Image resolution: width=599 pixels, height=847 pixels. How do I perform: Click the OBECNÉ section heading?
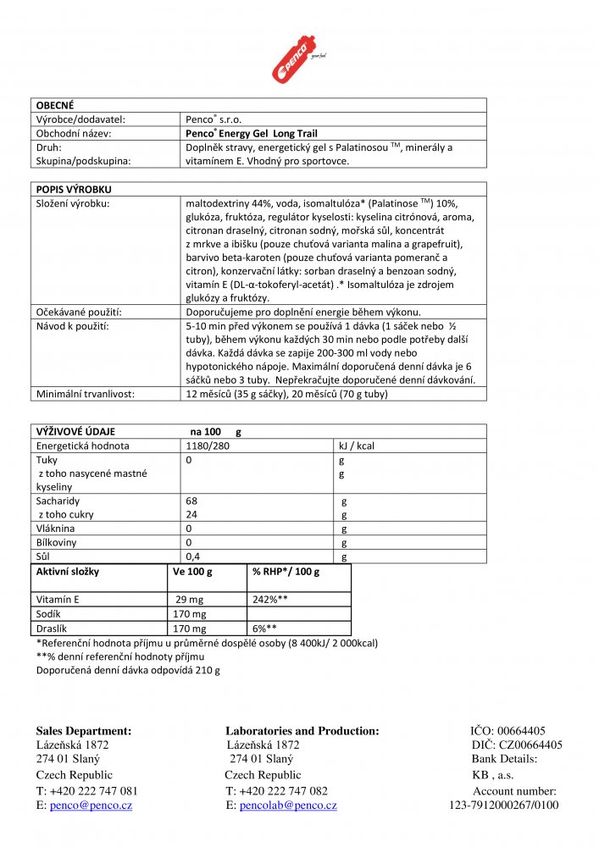pos(55,105)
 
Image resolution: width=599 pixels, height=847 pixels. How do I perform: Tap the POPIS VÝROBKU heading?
pos(74,190)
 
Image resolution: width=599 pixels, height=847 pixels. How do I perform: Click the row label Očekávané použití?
pos(78,312)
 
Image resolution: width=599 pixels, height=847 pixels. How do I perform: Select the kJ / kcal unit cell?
pos(356,446)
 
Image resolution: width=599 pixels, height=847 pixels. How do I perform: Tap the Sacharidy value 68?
pos(191,501)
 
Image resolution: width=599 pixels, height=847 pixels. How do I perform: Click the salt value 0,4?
pos(195,556)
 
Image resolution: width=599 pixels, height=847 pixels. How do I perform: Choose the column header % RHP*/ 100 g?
pos(286,572)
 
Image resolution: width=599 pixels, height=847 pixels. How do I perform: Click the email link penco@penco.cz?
pos(91,805)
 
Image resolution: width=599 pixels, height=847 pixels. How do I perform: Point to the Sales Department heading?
pos(83,731)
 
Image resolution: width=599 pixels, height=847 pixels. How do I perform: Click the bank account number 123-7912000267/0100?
pos(503,805)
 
